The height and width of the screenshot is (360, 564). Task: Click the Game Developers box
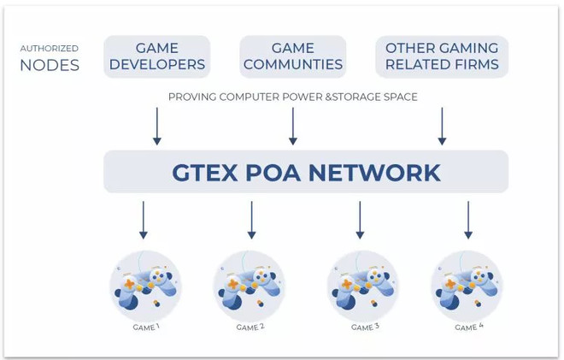pyautogui.click(x=157, y=56)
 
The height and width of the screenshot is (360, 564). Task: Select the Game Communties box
pyautogui.click(x=293, y=56)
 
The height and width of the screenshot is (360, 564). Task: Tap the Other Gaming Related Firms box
pyautogui.click(x=442, y=56)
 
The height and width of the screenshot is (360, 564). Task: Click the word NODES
pyautogui.click(x=50, y=66)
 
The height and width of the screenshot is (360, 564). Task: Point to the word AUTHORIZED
pyautogui.click(x=50, y=48)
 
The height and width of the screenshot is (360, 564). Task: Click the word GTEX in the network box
pyautogui.click(x=205, y=173)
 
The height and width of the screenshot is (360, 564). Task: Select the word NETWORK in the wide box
pyautogui.click(x=374, y=173)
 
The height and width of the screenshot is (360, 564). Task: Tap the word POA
pyautogui.click(x=273, y=173)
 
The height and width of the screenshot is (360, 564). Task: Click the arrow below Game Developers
pyautogui.click(x=157, y=126)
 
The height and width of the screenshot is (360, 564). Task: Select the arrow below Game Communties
pyautogui.click(x=293, y=126)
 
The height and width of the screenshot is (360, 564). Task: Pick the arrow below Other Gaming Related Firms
pyautogui.click(x=442, y=126)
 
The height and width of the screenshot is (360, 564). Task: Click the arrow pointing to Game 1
pyautogui.click(x=144, y=220)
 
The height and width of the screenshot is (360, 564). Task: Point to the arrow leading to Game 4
pyautogui.click(x=468, y=220)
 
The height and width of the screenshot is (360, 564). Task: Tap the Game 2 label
pyautogui.click(x=250, y=328)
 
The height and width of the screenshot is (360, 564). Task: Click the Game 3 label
pyautogui.click(x=365, y=328)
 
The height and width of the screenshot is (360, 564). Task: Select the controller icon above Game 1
pyautogui.click(x=145, y=286)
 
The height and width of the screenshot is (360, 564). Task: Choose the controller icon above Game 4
pyautogui.click(x=467, y=286)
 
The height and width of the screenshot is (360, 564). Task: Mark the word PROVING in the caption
pyautogui.click(x=192, y=97)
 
